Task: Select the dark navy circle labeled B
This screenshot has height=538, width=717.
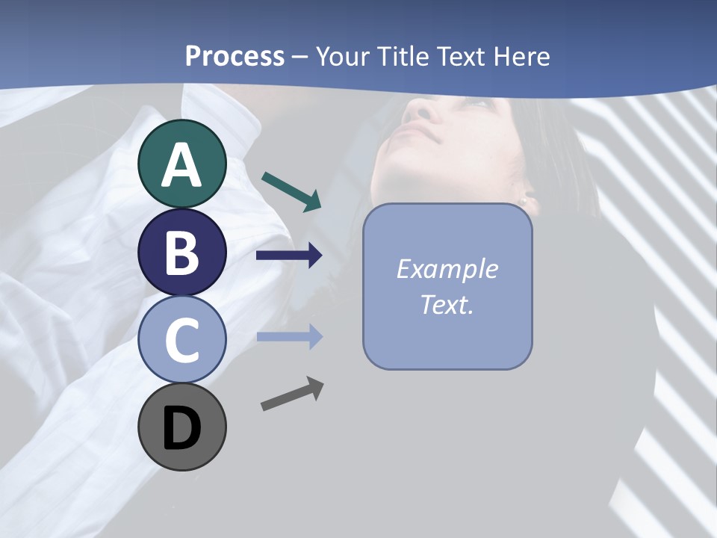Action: coord(181,252)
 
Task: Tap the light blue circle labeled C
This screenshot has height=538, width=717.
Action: coord(181,339)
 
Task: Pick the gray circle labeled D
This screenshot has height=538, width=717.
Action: coord(181,427)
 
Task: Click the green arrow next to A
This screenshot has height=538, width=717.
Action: coord(292,191)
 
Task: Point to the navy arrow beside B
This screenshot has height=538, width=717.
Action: coord(289,256)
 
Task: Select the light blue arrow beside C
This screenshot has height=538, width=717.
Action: coord(289,337)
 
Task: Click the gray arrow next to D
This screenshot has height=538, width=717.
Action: coord(292,394)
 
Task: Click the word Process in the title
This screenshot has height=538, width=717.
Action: coord(235,56)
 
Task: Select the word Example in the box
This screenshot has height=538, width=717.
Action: coord(447,269)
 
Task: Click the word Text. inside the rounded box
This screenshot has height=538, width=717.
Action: coord(447,304)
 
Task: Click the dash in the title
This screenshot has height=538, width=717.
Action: coord(299,57)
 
